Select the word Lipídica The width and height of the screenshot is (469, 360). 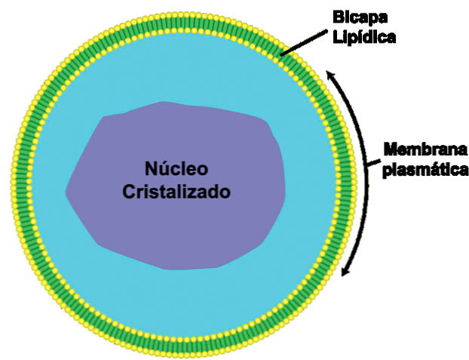(364, 35)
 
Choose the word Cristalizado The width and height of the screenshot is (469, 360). (176, 192)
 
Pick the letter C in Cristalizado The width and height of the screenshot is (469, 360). (129, 192)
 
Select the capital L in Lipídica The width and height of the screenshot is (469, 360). (337, 35)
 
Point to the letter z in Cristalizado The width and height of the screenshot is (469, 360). (199, 192)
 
